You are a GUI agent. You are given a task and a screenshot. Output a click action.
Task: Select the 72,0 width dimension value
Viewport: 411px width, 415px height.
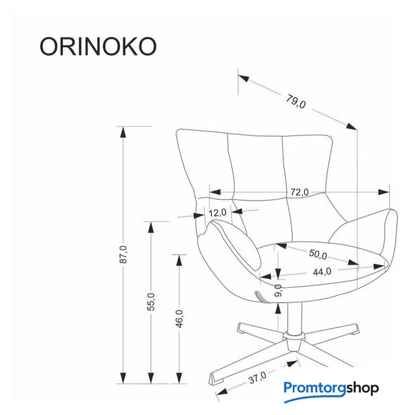click(x=299, y=192)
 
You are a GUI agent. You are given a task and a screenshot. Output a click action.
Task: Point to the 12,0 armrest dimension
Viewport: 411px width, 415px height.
click(x=217, y=212)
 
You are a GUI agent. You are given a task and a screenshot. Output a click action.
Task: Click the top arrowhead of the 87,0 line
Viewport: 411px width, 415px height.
click(x=122, y=132)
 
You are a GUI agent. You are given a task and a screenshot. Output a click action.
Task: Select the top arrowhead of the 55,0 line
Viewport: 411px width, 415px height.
click(x=150, y=226)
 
